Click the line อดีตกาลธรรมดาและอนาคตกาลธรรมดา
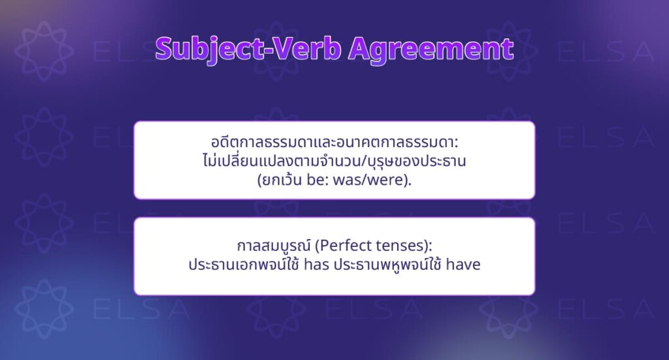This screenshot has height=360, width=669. [x=334, y=141]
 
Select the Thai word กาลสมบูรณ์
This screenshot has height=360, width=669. [x=269, y=247]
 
